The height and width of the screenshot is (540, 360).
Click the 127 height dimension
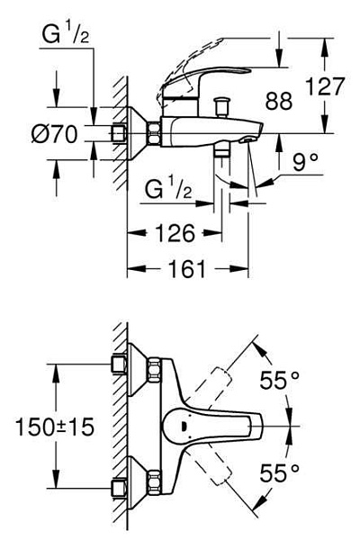click(325, 86)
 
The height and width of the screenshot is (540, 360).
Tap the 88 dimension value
click(279, 101)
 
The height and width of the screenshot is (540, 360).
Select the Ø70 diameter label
click(54, 134)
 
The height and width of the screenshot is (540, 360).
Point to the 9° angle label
click(305, 162)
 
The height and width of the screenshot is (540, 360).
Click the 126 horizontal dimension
click(175, 233)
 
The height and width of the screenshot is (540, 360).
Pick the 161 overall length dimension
click(187, 268)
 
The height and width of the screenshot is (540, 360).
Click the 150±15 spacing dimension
click(55, 427)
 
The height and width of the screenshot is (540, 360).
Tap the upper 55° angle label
click(279, 380)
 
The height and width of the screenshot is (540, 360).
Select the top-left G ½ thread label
click(66, 34)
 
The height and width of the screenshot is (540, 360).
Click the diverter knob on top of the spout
click(221, 107)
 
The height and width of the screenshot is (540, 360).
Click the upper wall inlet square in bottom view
click(119, 364)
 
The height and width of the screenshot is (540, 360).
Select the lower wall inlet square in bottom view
click(119, 488)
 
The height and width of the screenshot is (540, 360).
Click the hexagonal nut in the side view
click(154, 132)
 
